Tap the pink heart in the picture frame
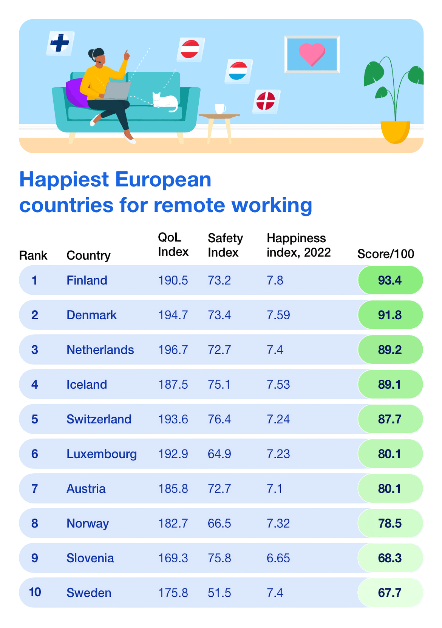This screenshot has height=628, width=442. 312,54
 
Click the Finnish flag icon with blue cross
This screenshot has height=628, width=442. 60,43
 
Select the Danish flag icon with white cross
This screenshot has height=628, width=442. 266,101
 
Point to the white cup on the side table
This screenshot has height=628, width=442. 220,109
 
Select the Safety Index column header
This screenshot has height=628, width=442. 225,245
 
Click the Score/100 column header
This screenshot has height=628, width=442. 385,254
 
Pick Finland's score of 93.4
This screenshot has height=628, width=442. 390,280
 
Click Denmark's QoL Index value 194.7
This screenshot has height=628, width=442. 173,315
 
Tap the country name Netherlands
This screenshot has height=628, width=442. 100,350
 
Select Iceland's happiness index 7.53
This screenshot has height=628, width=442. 278,385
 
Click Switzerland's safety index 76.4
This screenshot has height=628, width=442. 219,419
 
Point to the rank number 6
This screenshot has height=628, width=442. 34,454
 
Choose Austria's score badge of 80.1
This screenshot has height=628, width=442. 390,489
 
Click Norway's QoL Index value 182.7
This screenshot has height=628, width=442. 173,523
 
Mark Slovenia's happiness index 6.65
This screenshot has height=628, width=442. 278,558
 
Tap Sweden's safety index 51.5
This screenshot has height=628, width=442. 219,593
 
